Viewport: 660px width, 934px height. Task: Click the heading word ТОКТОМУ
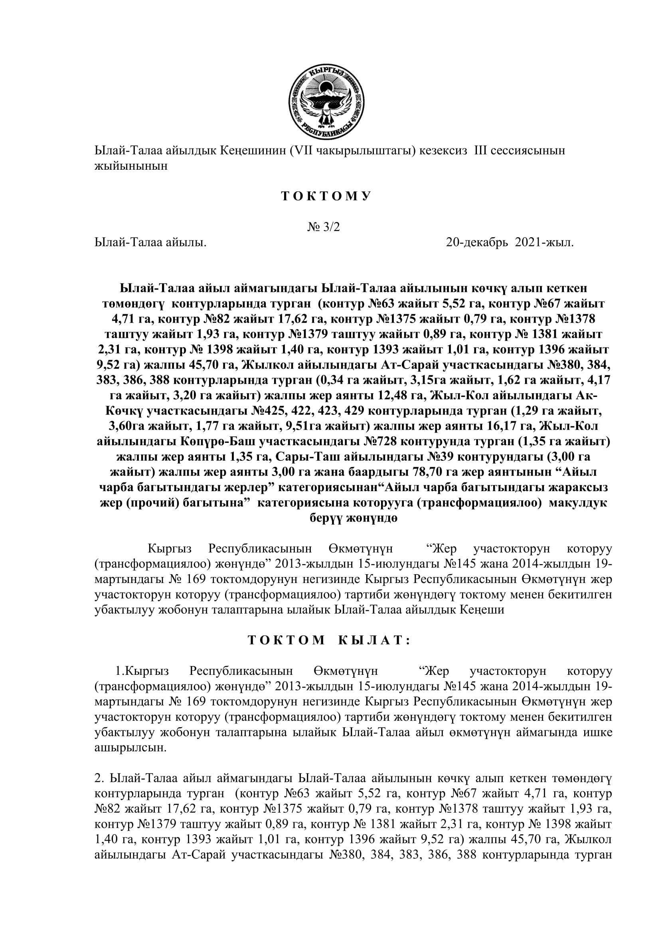[326, 196]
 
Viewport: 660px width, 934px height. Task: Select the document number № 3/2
[324, 227]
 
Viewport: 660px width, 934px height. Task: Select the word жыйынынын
[131, 167]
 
